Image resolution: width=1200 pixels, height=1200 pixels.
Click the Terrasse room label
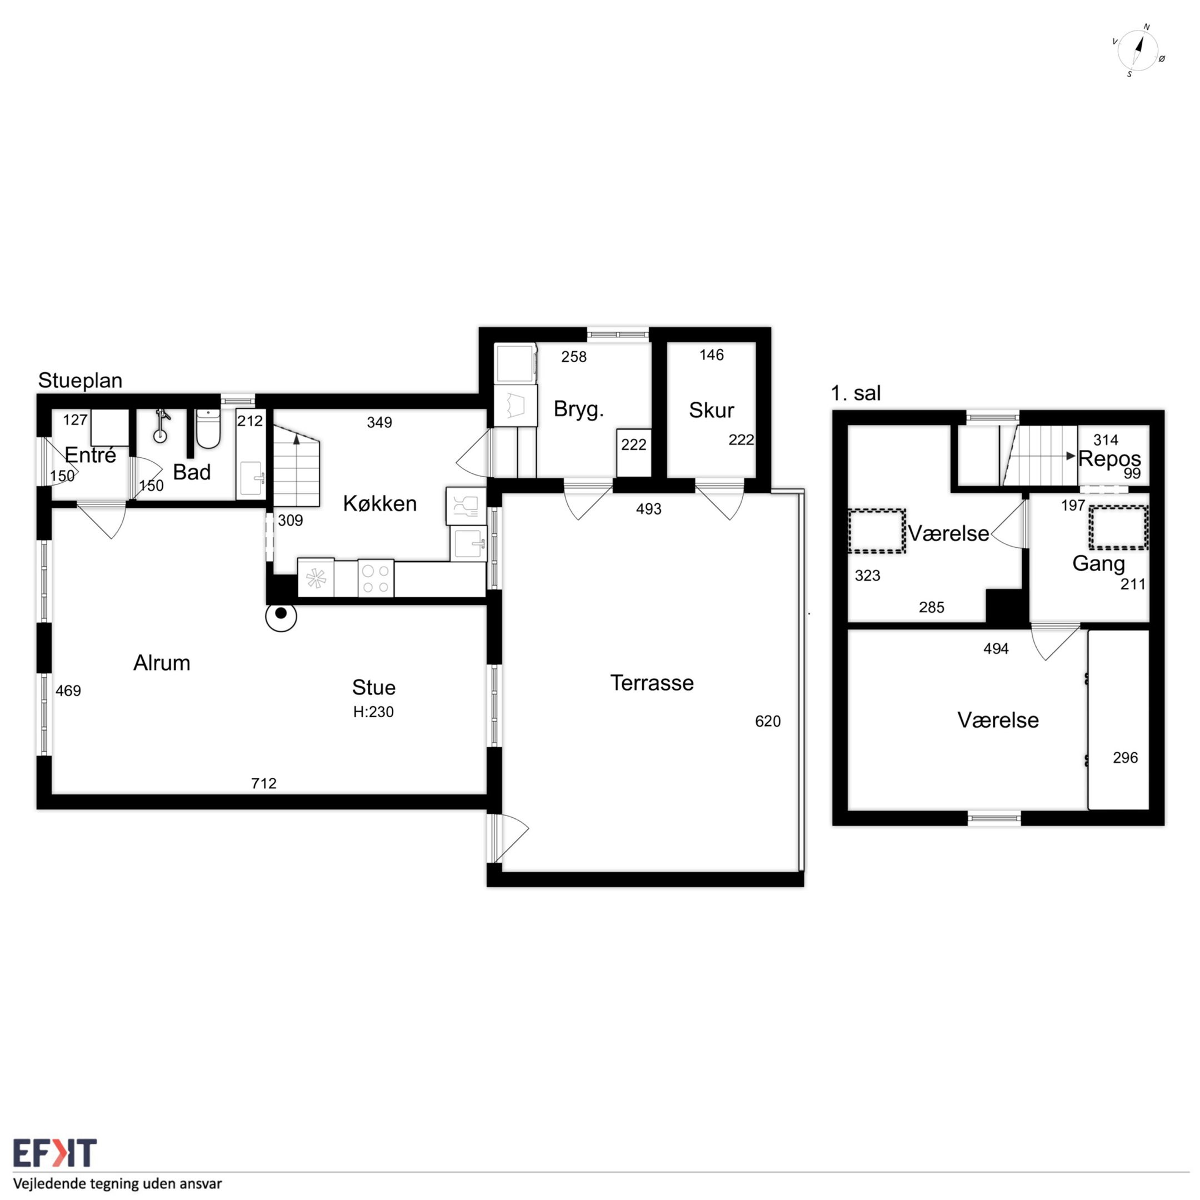pyautogui.click(x=652, y=683)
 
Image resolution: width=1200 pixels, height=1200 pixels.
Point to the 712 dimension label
pyautogui.click(x=264, y=783)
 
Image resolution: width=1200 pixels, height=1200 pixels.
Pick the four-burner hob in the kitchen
pyautogui.click(x=376, y=578)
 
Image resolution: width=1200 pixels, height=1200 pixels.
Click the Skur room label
pyautogui.click(x=711, y=410)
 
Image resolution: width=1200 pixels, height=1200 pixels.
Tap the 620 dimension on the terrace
pyautogui.click(x=768, y=721)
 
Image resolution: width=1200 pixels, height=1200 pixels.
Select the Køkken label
pyautogui.click(x=379, y=503)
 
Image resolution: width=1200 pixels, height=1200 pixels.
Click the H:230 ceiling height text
pyautogui.click(x=373, y=712)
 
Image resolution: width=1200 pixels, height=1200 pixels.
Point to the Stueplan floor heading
pyautogui.click(x=80, y=380)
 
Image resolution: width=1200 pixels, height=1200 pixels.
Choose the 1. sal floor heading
pyautogui.click(x=856, y=393)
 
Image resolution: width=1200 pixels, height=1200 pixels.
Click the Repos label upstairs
pyautogui.click(x=1110, y=459)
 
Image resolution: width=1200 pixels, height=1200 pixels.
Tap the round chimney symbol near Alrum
pyautogui.click(x=281, y=615)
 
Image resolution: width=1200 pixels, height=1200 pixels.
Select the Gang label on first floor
pyautogui.click(x=1099, y=563)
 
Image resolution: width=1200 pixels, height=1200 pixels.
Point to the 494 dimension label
pyautogui.click(x=996, y=648)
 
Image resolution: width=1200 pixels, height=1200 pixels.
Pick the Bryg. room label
pyautogui.click(x=579, y=409)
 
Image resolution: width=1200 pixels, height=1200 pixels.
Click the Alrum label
pyautogui.click(x=162, y=663)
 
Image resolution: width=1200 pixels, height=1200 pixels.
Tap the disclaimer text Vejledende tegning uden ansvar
pyautogui.click(x=118, y=1183)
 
